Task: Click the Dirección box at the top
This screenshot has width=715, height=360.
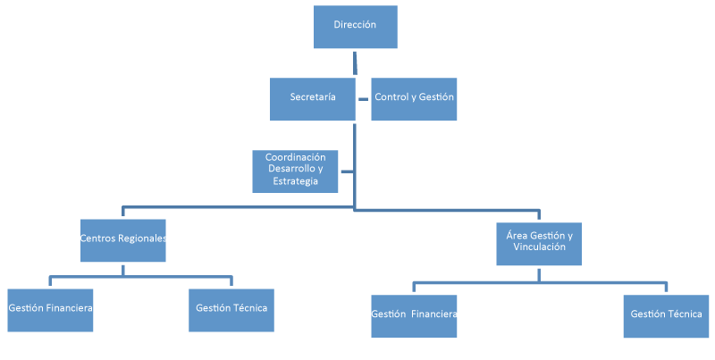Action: [355, 27]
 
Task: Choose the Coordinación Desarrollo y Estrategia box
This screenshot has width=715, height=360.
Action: [295, 171]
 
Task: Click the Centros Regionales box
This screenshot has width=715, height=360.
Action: [122, 239]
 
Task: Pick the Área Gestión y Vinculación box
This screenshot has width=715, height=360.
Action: [539, 243]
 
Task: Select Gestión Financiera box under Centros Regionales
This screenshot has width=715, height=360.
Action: [50, 310]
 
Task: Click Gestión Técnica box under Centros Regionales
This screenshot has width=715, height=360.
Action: [231, 310]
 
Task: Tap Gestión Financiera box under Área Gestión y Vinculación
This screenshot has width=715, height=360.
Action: [414, 315]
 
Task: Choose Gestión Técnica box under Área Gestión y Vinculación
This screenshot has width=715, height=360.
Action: [666, 315]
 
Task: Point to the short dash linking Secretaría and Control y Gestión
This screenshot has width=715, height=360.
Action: [363, 97]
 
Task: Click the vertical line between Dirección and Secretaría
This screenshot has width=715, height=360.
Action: [355, 63]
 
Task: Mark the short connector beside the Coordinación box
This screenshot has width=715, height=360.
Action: [347, 171]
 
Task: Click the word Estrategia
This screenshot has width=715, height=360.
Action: [295, 181]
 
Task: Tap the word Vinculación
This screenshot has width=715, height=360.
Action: [540, 247]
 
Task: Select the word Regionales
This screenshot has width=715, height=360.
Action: [142, 239]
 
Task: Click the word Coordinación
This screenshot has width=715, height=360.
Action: [295, 157]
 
